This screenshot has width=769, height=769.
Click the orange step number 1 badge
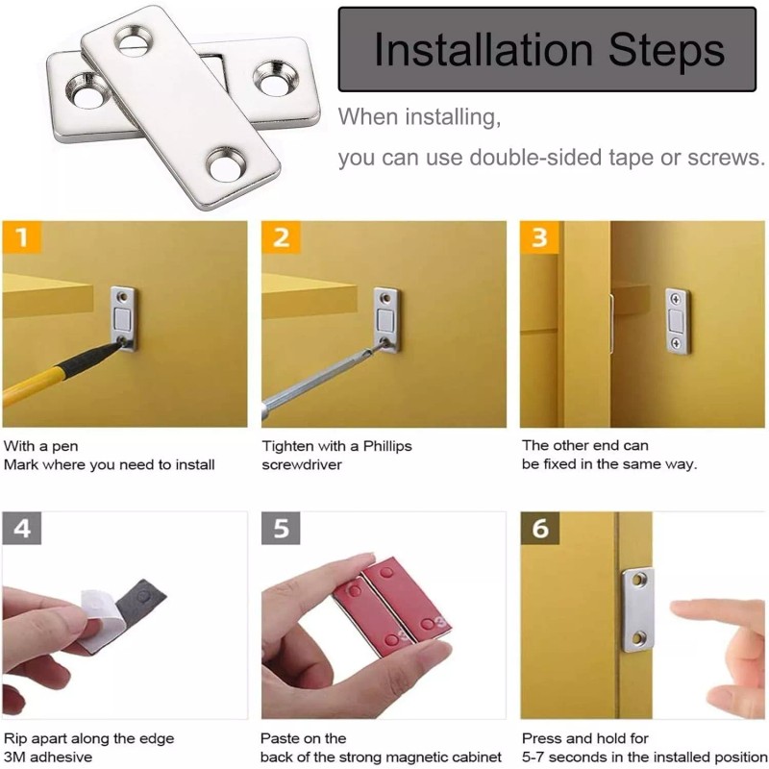[x=21, y=237]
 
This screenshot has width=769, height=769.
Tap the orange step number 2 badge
[x=281, y=237]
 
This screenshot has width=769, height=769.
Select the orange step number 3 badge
[x=539, y=237]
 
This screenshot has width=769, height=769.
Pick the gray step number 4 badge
[x=21, y=528]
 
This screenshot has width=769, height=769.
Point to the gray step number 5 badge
[x=281, y=528]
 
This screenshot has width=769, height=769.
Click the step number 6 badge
[x=539, y=528]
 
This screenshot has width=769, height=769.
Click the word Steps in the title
[x=666, y=51]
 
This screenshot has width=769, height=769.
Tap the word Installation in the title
[x=484, y=49]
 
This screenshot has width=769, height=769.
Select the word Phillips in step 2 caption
[x=387, y=446]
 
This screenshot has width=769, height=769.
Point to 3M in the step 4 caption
[x=15, y=757]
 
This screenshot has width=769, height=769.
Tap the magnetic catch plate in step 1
[x=123, y=319]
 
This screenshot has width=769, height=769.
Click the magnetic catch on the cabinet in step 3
[x=678, y=321]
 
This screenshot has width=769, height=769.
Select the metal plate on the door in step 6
[x=638, y=609]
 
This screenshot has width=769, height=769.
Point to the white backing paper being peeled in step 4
[x=102, y=619]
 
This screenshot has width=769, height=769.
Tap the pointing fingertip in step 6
[x=681, y=609]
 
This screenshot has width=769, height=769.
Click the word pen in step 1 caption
[x=64, y=447]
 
